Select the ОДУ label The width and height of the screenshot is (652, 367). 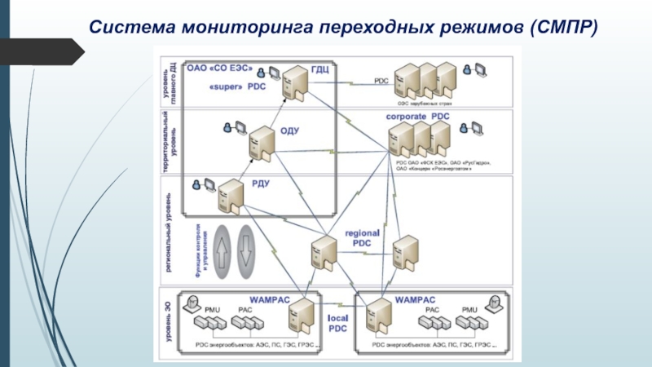click(290, 131)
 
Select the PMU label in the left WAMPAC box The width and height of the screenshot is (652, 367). click(213, 310)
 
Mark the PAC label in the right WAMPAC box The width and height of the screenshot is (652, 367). click(433, 310)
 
